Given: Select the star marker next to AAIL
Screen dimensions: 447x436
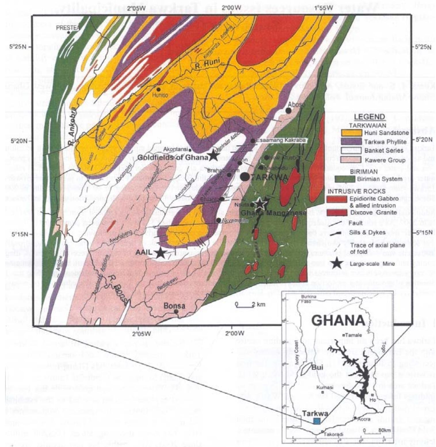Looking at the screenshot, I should (161, 253).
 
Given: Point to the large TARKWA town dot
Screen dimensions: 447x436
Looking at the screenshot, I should (245, 177).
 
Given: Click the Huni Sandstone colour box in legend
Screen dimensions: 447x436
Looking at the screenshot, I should (351, 133).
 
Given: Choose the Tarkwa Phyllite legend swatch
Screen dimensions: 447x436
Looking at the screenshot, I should (351, 142).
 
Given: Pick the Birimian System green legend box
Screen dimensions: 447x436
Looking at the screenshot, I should (345, 179).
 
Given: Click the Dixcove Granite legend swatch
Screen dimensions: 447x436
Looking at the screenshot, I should (337, 213).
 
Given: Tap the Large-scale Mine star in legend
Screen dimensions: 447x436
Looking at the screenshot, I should (337, 263).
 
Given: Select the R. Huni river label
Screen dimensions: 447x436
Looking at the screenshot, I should (207, 63).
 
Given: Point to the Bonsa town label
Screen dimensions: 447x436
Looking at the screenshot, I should (174, 306).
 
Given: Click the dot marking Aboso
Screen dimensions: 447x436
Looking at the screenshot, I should (289, 111).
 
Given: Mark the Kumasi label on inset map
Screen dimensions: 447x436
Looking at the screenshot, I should (324, 387).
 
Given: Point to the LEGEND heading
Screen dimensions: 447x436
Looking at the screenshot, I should (369, 117).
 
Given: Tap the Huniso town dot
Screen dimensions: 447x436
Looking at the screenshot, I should (158, 90).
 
